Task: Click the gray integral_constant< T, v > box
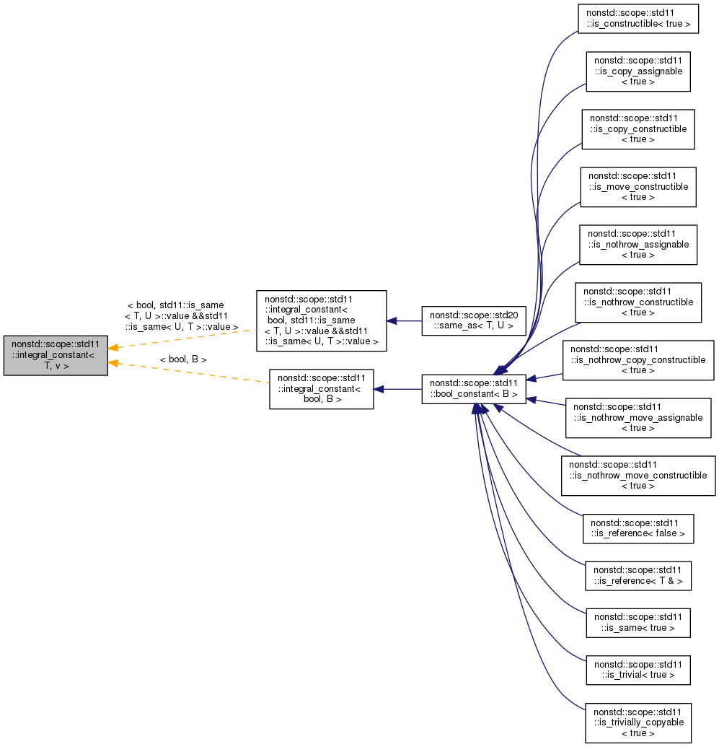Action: click(x=56, y=355)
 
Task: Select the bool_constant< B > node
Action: click(x=474, y=389)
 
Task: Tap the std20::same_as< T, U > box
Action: click(x=474, y=320)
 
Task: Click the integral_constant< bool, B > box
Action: click(x=321, y=389)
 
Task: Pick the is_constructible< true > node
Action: click(x=638, y=19)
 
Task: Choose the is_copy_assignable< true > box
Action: click(x=638, y=71)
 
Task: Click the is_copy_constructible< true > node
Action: click(x=638, y=129)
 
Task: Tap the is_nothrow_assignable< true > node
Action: click(x=638, y=245)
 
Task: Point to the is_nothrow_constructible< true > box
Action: click(x=638, y=302)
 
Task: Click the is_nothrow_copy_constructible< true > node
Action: click(x=638, y=360)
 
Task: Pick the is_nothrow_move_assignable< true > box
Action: click(x=638, y=417)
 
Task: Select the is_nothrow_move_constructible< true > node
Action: click(x=638, y=476)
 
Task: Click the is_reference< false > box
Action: click(x=638, y=528)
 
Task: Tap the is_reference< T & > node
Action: click(x=638, y=575)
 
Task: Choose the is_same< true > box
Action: click(x=638, y=622)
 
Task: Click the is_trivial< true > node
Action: click(x=638, y=669)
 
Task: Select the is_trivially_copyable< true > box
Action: click(x=638, y=722)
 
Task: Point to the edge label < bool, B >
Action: click(x=183, y=359)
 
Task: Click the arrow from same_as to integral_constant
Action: click(x=404, y=320)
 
